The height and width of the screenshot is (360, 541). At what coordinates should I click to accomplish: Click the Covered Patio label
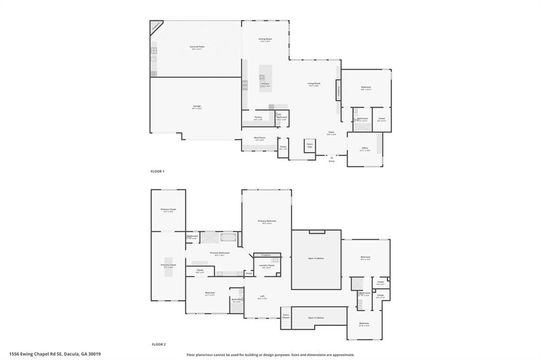click(x=197, y=47)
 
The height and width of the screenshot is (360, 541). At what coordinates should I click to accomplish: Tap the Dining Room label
click(x=265, y=39)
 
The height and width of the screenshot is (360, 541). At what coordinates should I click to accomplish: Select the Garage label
click(x=197, y=106)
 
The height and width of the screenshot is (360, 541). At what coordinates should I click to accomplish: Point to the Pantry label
click(x=258, y=117)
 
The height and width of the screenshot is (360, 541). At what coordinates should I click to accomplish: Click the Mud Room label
click(x=260, y=138)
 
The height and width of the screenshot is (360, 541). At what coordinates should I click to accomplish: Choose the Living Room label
click(x=314, y=83)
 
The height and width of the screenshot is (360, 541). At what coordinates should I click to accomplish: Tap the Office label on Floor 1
click(x=365, y=148)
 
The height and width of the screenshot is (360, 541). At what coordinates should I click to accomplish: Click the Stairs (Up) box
click(x=310, y=145)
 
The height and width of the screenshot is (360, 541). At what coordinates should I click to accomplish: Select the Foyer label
click(x=331, y=132)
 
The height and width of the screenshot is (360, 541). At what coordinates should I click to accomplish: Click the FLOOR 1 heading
click(x=158, y=172)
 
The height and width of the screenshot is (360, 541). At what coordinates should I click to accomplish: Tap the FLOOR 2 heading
click(x=158, y=344)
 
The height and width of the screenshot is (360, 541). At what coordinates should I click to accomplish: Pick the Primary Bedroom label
click(x=267, y=221)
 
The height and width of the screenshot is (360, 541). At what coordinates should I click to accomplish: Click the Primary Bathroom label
click(x=219, y=253)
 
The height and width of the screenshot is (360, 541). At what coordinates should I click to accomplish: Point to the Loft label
click(x=262, y=296)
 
